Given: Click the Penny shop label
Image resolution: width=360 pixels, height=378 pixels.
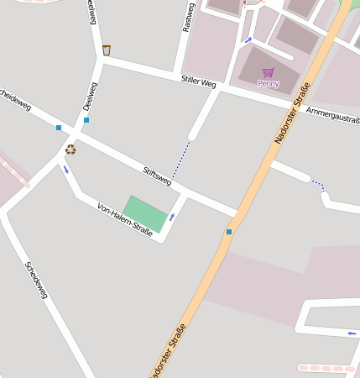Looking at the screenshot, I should point(268,84).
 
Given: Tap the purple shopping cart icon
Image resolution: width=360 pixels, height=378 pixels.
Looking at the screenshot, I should point(268,73).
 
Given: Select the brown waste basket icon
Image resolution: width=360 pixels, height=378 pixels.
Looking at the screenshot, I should point(106,50).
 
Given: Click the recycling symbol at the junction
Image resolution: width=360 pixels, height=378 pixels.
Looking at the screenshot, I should point(70,149).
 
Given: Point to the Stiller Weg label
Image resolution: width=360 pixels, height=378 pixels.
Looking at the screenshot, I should point(199,82).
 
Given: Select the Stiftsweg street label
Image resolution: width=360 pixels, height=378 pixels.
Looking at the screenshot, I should point(157,175).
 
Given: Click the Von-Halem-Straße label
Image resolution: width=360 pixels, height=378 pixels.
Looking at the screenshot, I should point(125,220).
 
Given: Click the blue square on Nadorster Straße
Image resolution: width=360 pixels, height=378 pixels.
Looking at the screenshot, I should point(228,231).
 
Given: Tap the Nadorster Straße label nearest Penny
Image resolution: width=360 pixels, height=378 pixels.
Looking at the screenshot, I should point(293,113).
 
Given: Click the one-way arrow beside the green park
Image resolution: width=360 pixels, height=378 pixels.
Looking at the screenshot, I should point(172,218).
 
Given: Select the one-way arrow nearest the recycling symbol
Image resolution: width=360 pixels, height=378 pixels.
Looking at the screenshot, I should point(65,169).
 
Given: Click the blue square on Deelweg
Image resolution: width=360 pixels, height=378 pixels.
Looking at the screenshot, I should point(86,120).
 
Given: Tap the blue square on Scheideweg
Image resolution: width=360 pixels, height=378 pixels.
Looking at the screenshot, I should point(59,128).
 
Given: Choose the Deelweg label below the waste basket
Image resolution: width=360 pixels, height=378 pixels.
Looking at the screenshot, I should point(91,97).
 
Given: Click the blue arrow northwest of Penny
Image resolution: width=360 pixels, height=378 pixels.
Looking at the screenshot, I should point(248,39).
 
